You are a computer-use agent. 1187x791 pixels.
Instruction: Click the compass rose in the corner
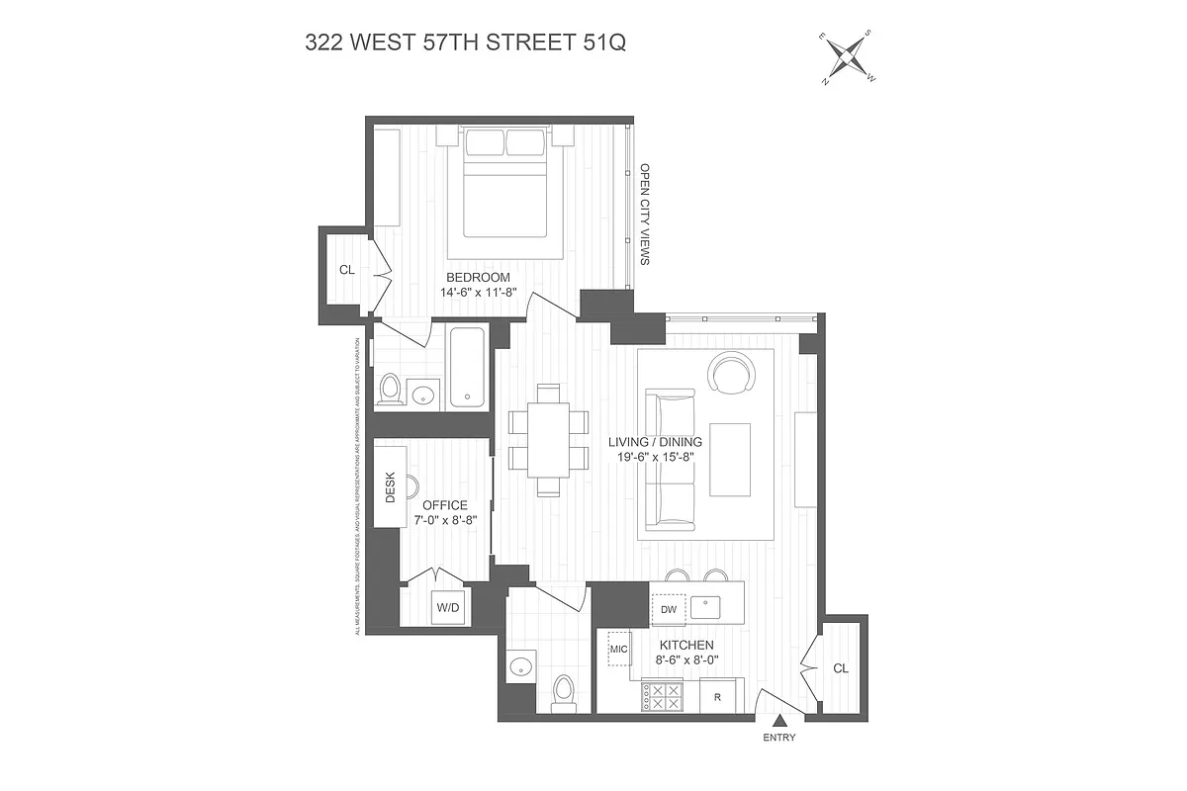coord(848,58)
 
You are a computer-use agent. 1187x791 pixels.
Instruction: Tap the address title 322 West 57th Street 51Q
coord(465,44)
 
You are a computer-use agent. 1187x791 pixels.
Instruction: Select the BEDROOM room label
coord(478,277)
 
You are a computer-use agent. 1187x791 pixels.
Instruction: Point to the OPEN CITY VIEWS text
coord(644,215)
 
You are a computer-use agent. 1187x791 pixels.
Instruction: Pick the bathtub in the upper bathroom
coord(467,368)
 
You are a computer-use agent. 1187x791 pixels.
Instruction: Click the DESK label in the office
coord(390,486)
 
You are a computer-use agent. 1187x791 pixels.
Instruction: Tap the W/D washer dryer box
coord(447,607)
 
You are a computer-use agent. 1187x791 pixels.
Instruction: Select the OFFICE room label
coord(445,505)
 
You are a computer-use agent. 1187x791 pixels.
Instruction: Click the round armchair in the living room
coord(732,374)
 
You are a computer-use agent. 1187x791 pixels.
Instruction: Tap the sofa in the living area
coord(669,458)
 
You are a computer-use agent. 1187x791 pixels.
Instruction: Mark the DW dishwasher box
coord(669,609)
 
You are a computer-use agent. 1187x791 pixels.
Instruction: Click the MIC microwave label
coord(619,649)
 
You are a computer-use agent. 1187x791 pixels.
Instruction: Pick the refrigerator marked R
coord(719,696)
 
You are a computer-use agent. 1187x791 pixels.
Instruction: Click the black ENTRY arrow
coord(779,722)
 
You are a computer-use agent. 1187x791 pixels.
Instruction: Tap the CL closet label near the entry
coord(840,668)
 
